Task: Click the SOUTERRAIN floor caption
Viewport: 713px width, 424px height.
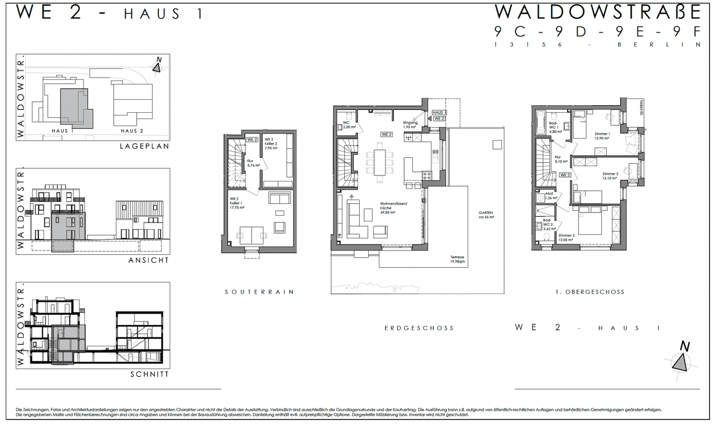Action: [x=259, y=292]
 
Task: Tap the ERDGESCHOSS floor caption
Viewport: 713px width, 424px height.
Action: [x=419, y=328]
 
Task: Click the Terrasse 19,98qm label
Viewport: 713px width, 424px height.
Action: [x=457, y=259]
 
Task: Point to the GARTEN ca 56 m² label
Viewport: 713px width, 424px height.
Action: [x=486, y=215]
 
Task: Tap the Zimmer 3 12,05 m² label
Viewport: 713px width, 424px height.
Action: [x=566, y=237]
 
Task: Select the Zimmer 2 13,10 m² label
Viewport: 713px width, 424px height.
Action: [x=610, y=176]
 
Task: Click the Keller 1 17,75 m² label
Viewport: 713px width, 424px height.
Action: [x=236, y=203]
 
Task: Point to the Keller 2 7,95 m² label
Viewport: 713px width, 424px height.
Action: [x=271, y=144]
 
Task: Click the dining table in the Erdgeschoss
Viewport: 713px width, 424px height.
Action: [x=380, y=163]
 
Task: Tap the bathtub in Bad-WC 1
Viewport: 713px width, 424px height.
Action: [x=540, y=123]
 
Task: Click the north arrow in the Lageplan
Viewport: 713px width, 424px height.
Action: [x=157, y=66]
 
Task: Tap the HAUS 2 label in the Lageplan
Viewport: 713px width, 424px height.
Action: [x=132, y=131]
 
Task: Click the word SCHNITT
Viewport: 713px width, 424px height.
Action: [x=149, y=374]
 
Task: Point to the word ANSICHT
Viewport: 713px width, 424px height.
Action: [x=149, y=260]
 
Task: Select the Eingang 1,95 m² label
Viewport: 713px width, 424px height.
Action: [x=410, y=125]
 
